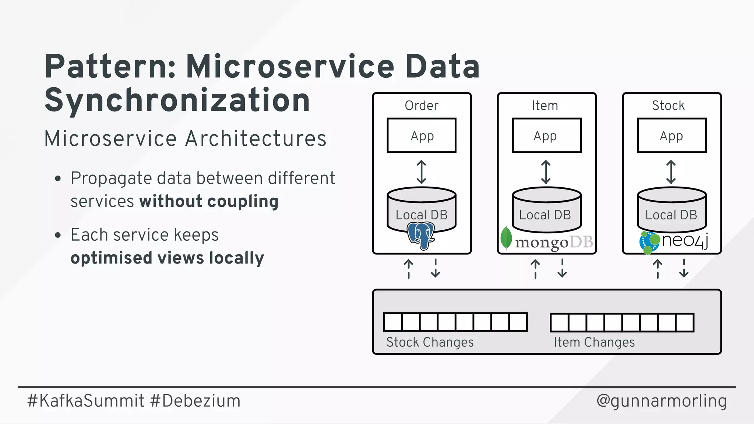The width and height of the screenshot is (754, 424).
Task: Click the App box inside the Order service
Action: pyautogui.click(x=422, y=135)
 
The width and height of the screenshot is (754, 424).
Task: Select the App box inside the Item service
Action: pyautogui.click(x=547, y=135)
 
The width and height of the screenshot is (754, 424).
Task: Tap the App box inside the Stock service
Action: pyautogui.click(x=672, y=135)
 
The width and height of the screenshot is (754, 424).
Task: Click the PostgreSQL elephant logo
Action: pyautogui.click(x=421, y=236)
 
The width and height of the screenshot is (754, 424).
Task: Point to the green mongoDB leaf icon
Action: pyautogui.click(x=506, y=238)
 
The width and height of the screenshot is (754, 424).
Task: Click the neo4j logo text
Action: pyautogui.click(x=685, y=241)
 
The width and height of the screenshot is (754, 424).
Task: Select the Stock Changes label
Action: pyautogui.click(x=430, y=342)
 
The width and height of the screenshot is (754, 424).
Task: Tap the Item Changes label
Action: pyautogui.click(x=594, y=342)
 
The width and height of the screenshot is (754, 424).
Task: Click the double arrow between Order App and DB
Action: pyautogui.click(x=422, y=172)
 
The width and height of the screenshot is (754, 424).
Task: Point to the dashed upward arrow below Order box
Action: pyautogui.click(x=409, y=269)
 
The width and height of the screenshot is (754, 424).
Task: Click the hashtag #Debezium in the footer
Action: pyautogui.click(x=195, y=401)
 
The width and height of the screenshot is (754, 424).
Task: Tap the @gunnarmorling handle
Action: pyautogui.click(x=662, y=401)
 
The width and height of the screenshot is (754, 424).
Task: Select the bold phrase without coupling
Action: pyautogui.click(x=209, y=201)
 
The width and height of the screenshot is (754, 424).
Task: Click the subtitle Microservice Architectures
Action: pyautogui.click(x=185, y=139)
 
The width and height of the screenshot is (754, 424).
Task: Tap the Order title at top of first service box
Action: pyautogui.click(x=422, y=106)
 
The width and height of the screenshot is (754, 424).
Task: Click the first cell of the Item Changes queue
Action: pyautogui.click(x=560, y=322)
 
